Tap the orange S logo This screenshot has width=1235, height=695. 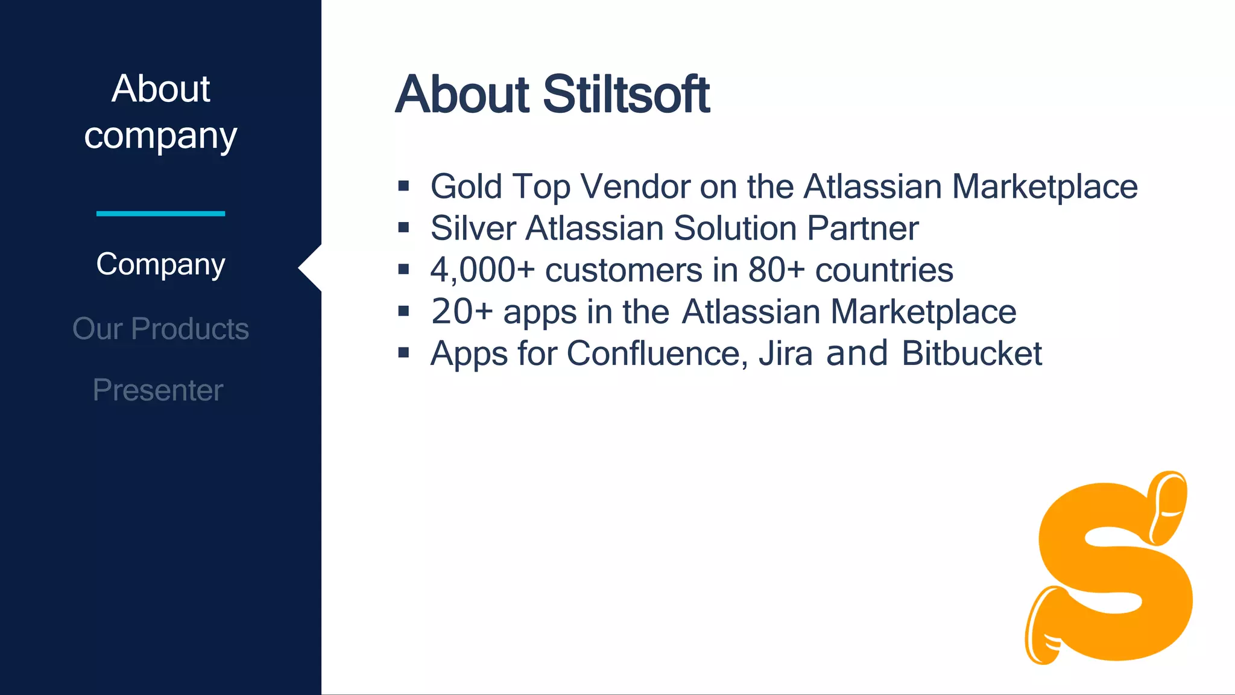coord(1110,570)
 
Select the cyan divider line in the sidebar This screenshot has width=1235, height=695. coord(160,214)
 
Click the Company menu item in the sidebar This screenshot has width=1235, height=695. coord(160,265)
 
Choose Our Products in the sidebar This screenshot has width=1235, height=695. coord(160,329)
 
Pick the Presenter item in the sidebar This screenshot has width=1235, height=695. coord(158,390)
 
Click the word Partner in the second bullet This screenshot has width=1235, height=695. coord(862,229)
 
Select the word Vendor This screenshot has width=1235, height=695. coord(634,186)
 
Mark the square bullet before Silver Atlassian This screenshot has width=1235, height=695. coord(403,227)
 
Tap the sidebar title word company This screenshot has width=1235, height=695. coord(160,136)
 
